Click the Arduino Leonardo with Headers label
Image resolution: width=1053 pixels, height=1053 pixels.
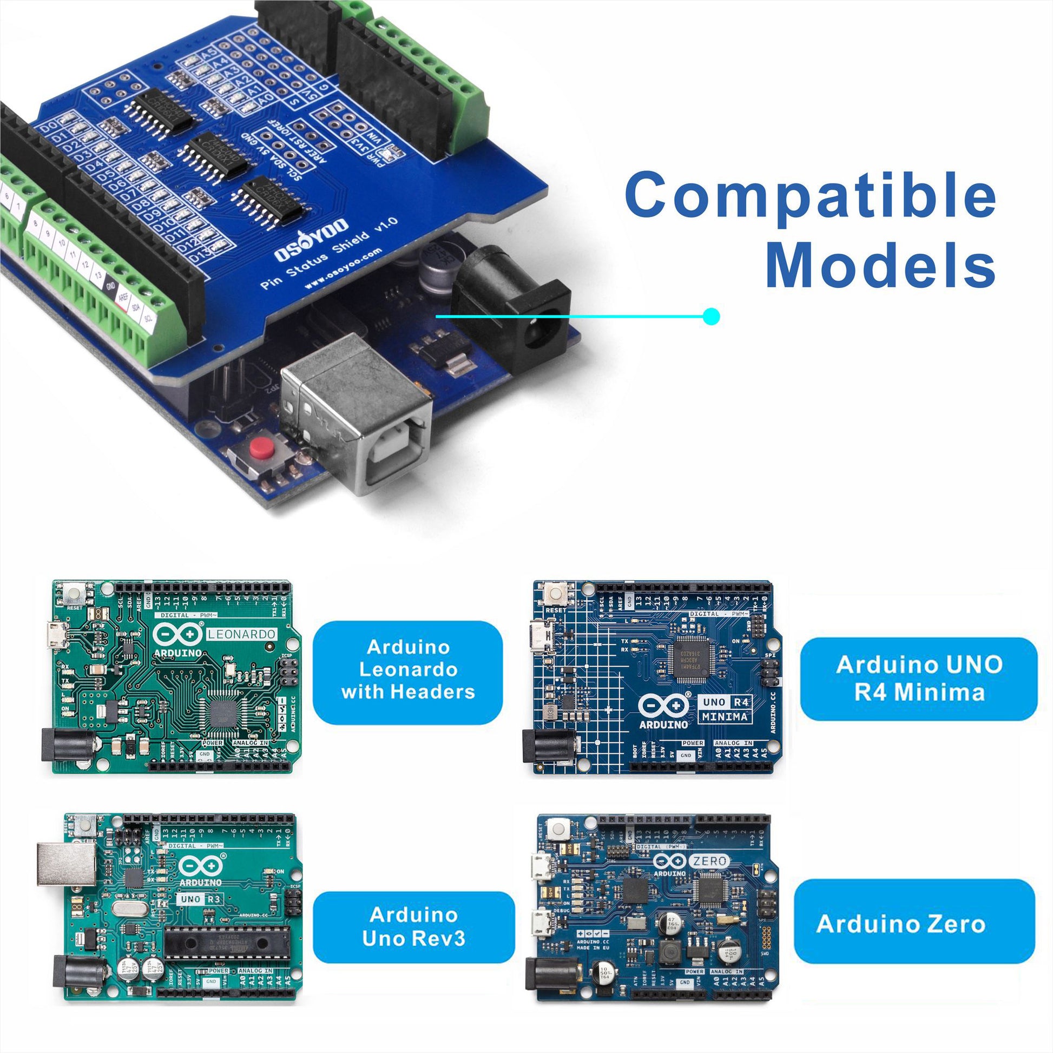click(x=407, y=669)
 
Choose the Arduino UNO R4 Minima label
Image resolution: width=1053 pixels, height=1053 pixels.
click(x=918, y=679)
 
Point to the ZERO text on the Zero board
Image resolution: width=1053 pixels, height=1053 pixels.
click(x=710, y=861)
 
